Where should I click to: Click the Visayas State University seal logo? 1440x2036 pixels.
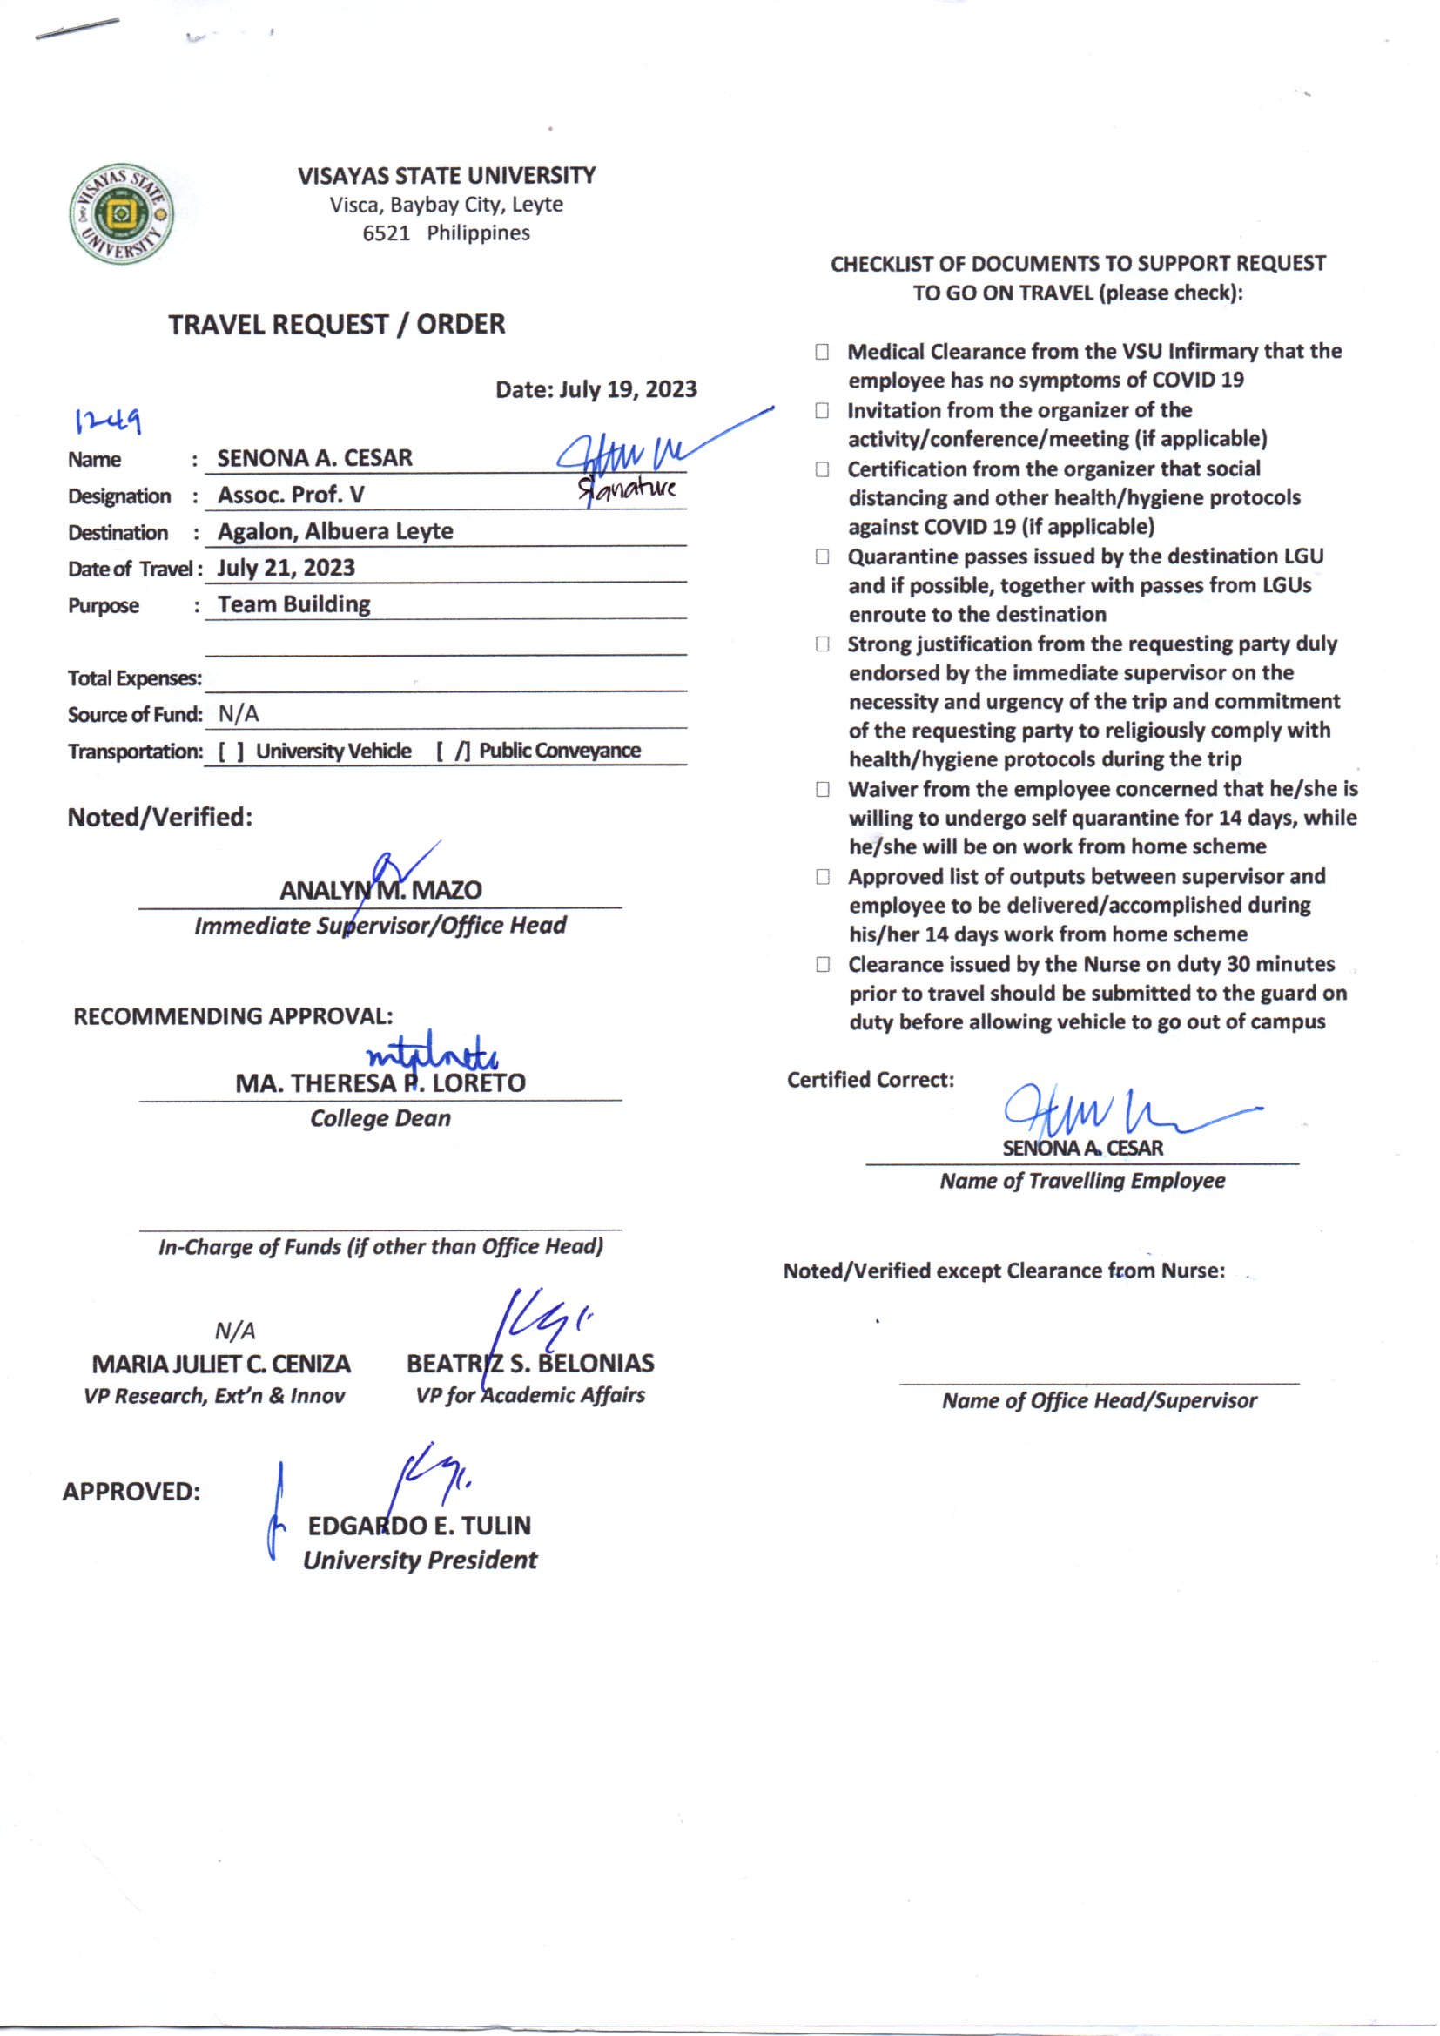coord(122,213)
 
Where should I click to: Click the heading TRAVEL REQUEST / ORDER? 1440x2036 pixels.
coord(337,325)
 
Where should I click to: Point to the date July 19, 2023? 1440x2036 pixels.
coord(628,389)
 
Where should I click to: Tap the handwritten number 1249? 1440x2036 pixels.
coord(108,421)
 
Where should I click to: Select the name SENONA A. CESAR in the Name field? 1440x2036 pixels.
coord(315,458)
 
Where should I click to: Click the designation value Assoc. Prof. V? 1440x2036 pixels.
coord(291,495)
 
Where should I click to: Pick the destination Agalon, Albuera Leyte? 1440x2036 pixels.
coord(335,531)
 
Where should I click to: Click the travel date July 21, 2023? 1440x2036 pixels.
coord(286,568)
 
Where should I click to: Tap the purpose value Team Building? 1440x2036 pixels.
coord(293,603)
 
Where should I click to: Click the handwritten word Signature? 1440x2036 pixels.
coord(627,489)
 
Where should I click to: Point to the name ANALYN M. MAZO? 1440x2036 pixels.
coord(380,890)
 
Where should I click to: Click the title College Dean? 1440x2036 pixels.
coord(380,1118)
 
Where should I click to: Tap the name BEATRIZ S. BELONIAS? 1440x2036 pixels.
coord(530,1363)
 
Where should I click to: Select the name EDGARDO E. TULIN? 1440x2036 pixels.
coord(420,1525)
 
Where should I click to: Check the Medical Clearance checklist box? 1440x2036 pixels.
coord(822,352)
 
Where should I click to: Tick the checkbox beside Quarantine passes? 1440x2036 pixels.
coord(822,556)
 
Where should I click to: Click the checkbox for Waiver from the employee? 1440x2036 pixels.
coord(822,789)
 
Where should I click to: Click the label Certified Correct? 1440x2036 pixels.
coord(870,1079)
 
